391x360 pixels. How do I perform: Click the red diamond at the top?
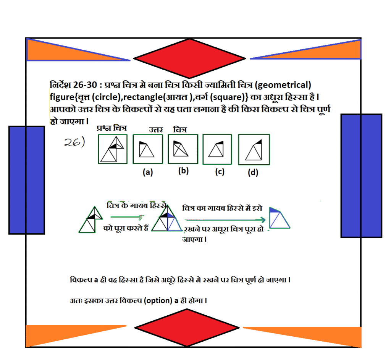pyautogui.click(x=189, y=58)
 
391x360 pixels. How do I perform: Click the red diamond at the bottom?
pyautogui.click(x=187, y=328)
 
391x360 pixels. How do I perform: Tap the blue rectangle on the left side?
pyautogui.click(x=27, y=180)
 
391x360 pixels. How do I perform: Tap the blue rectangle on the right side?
pyautogui.click(x=361, y=176)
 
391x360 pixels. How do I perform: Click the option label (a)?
pyautogui.click(x=148, y=172)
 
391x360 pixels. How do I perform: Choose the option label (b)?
pyautogui.click(x=183, y=171)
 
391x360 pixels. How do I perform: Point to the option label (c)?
pyautogui.click(x=220, y=172)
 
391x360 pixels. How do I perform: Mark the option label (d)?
pyautogui.click(x=253, y=172)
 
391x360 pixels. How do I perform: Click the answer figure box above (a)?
pyautogui.click(x=148, y=149)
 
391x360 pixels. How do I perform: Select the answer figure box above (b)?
pyautogui.click(x=183, y=149)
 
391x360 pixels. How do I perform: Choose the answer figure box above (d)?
pyautogui.click(x=254, y=149)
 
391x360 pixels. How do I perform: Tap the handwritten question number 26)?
pyautogui.click(x=74, y=142)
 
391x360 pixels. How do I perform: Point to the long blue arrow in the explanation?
pyautogui.click(x=225, y=220)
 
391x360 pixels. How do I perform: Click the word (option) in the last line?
pyautogui.click(x=158, y=301)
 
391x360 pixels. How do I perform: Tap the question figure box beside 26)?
pyautogui.click(x=113, y=149)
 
